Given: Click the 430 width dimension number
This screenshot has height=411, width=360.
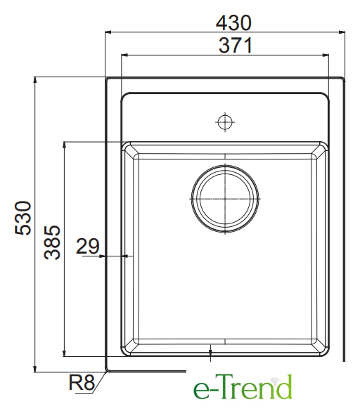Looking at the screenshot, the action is [x=233, y=22].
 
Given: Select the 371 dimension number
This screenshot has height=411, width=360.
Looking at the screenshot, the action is [x=236, y=46].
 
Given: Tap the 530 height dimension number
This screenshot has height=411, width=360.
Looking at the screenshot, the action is [x=23, y=218].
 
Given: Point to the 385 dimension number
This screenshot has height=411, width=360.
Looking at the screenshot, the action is [x=52, y=242].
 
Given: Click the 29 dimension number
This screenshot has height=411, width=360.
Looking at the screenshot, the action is [x=88, y=246].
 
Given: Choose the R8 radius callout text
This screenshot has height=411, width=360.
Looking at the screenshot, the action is [x=82, y=382].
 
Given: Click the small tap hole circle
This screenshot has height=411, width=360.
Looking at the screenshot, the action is [x=225, y=122].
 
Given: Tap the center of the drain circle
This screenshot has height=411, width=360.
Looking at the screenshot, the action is [x=225, y=199].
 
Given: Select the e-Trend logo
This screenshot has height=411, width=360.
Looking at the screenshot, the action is [x=243, y=386].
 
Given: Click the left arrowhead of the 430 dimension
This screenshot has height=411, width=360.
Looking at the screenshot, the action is [x=108, y=32].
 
